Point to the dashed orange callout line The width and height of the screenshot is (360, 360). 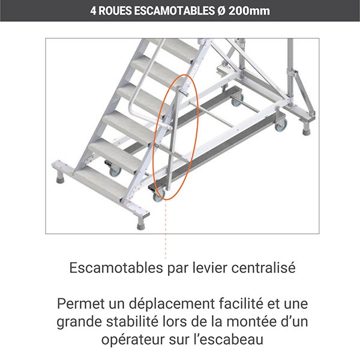pyautogui.click(x=166, y=234)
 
